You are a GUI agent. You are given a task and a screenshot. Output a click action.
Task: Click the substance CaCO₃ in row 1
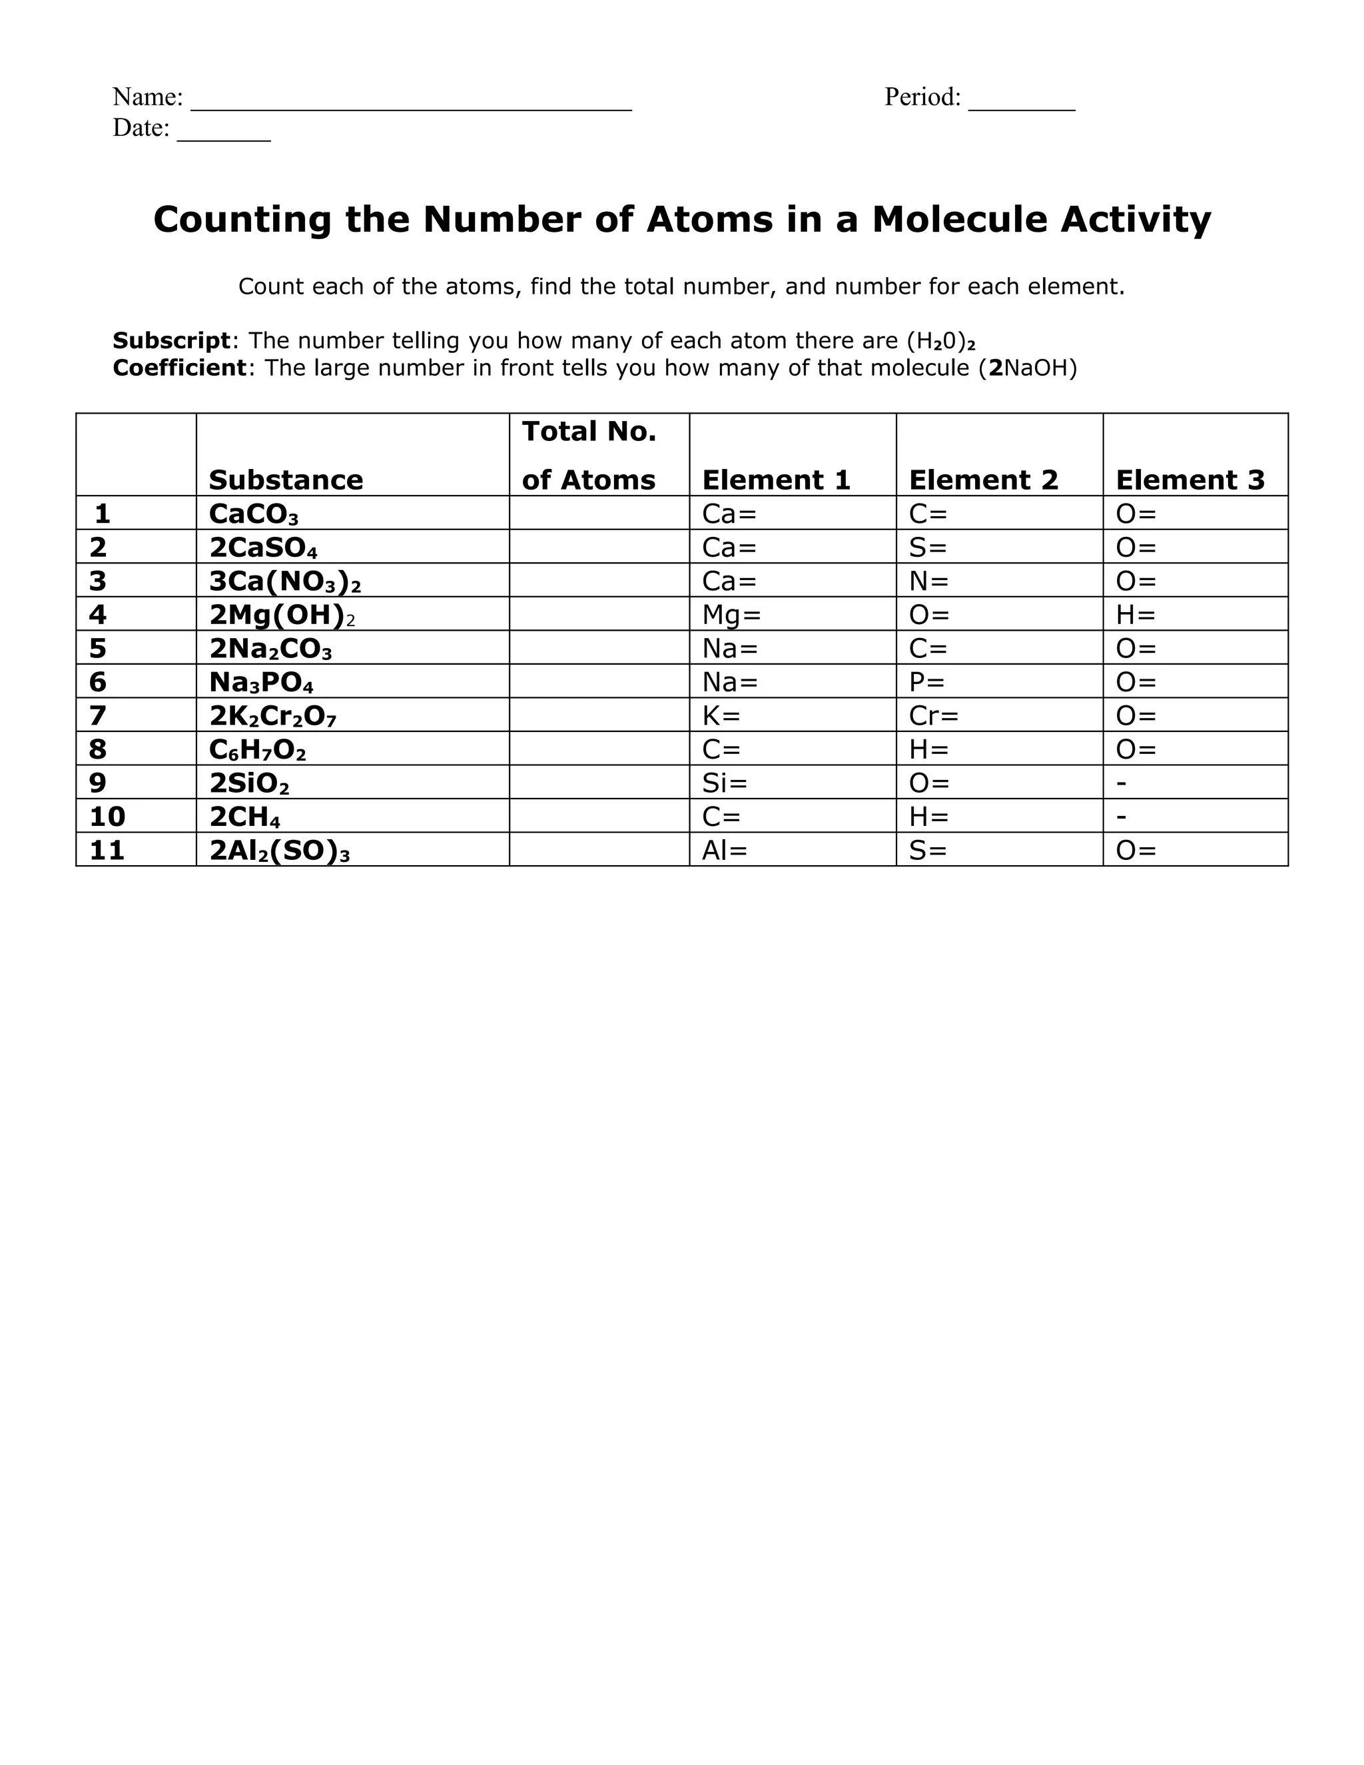click(x=253, y=514)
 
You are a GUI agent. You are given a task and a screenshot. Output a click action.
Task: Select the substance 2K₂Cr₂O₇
click(x=272, y=716)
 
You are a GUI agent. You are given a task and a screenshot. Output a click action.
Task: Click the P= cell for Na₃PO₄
click(x=926, y=682)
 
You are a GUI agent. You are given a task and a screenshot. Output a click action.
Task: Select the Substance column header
click(x=285, y=480)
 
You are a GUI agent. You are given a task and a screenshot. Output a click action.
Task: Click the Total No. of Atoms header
click(x=589, y=455)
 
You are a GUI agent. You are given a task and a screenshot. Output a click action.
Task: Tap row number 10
click(x=107, y=817)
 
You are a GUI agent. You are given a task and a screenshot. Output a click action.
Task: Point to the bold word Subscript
click(x=171, y=340)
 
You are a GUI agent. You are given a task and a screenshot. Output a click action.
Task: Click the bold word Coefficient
click(x=178, y=368)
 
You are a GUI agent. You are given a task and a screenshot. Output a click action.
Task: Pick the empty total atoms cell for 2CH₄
click(x=599, y=817)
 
